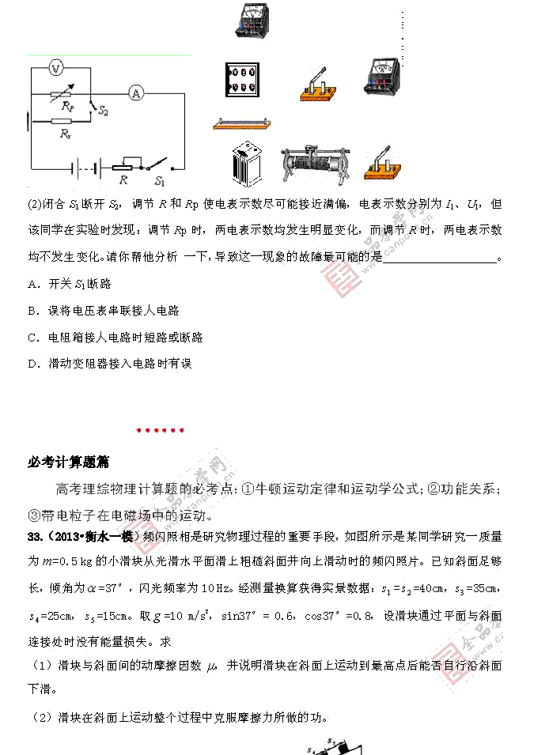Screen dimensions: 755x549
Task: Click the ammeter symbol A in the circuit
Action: (x=136, y=93)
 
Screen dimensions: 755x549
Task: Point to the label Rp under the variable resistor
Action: (x=68, y=108)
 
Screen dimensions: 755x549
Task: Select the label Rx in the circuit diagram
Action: (x=66, y=134)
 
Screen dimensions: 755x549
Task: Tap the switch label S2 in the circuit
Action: (x=103, y=112)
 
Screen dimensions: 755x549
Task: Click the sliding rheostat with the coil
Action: (x=312, y=165)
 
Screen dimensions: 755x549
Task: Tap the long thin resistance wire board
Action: (x=242, y=123)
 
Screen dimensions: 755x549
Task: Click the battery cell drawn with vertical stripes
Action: (x=247, y=164)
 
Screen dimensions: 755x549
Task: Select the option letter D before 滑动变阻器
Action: (x=32, y=364)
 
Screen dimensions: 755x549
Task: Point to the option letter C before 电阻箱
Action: (x=32, y=337)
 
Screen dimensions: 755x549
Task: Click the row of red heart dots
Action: (x=160, y=430)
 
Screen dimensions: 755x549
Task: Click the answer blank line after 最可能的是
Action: (x=439, y=259)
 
